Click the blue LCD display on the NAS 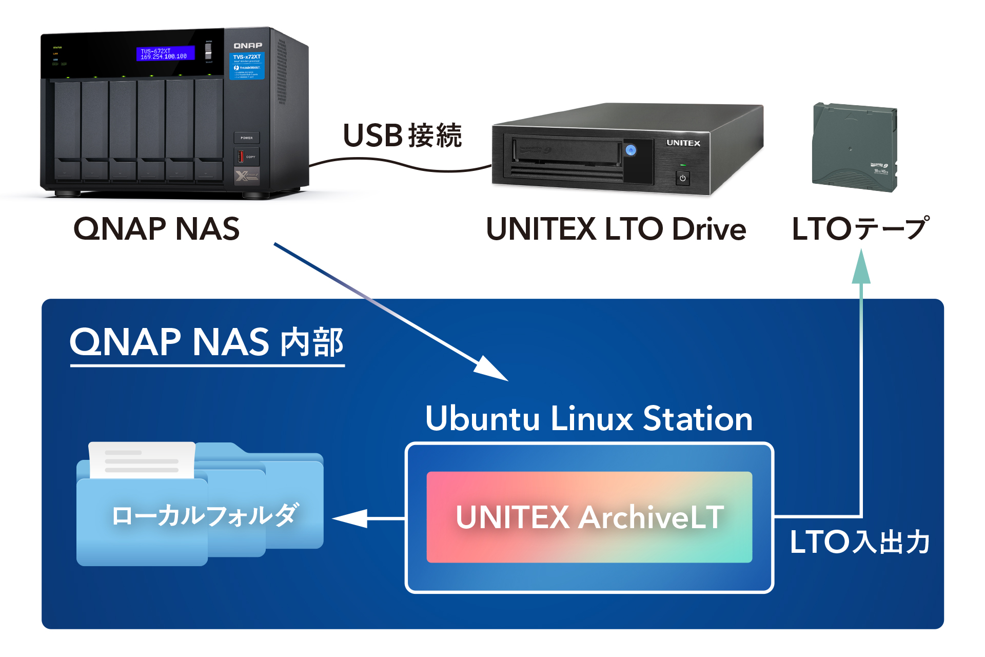click(x=165, y=53)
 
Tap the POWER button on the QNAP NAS click(x=247, y=138)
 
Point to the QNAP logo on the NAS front click(x=248, y=46)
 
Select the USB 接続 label click(x=402, y=136)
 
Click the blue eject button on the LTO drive click(x=631, y=150)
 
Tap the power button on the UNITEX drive click(x=682, y=178)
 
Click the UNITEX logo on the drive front click(x=683, y=143)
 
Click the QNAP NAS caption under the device click(x=156, y=229)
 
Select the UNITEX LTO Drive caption click(x=616, y=229)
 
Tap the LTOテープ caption click(x=860, y=229)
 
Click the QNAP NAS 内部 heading click(x=207, y=342)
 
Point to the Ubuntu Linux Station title click(x=589, y=418)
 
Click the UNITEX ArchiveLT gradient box click(x=589, y=517)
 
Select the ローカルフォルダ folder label click(x=204, y=515)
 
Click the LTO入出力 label click(x=860, y=542)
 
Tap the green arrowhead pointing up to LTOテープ click(x=861, y=267)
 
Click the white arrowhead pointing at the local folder click(x=351, y=518)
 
